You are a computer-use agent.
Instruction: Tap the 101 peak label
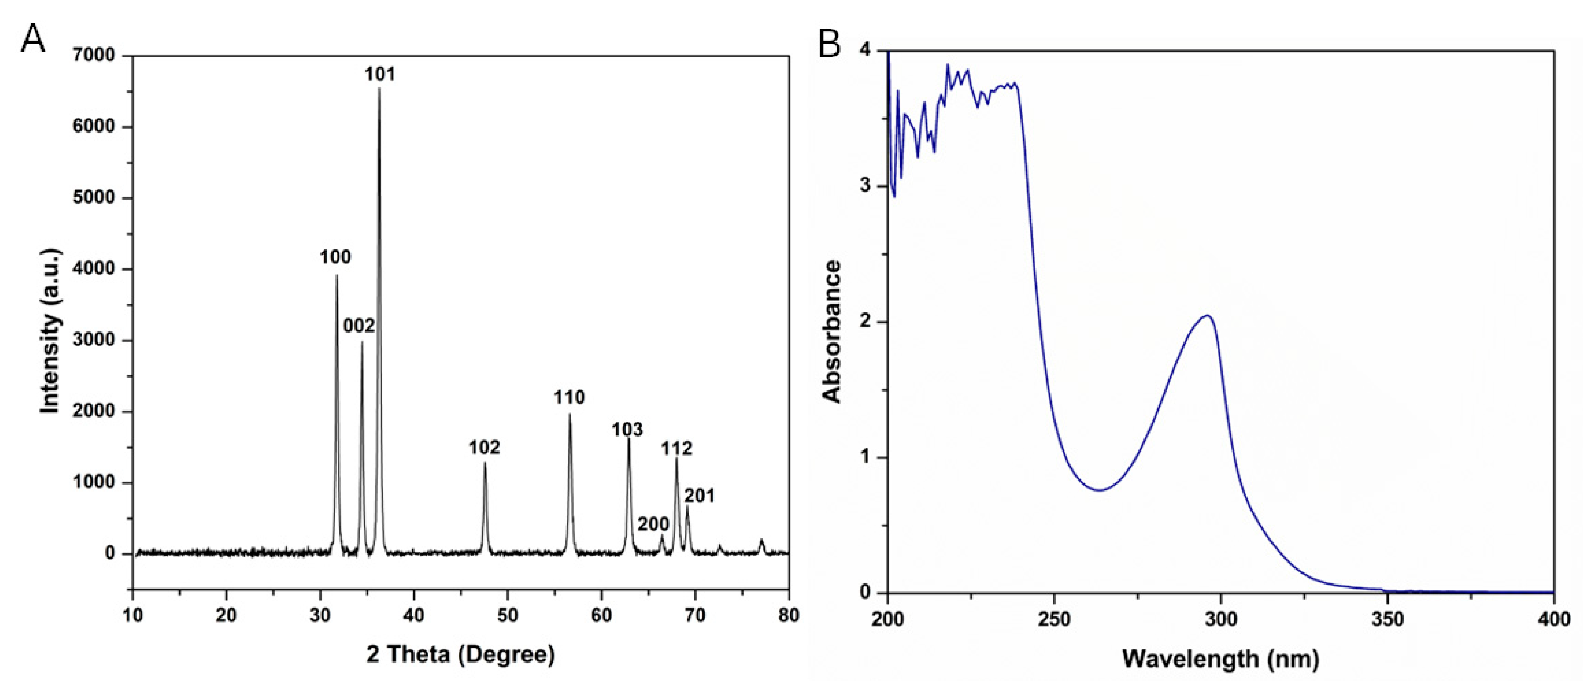[x=380, y=74]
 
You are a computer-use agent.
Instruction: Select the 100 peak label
[x=335, y=257]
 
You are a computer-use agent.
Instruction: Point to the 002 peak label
[x=359, y=325]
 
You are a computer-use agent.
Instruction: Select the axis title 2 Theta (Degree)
[x=461, y=655]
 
